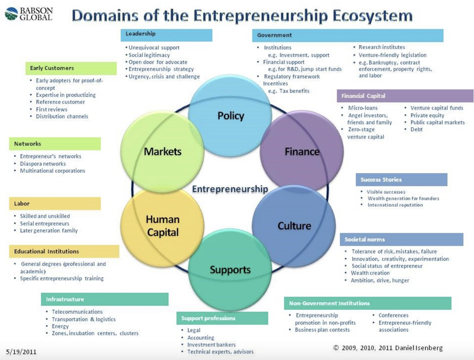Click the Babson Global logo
[x=29, y=14]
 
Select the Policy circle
[x=230, y=116]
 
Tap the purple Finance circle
[x=302, y=151]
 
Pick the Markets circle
[x=162, y=151]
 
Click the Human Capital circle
[x=162, y=226]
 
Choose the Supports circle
[x=230, y=270]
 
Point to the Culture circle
[x=294, y=226]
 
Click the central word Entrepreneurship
[x=230, y=189]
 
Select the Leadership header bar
[x=166, y=35]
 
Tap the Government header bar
[x=348, y=36]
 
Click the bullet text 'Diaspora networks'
[x=43, y=163]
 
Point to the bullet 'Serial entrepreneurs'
[x=44, y=224]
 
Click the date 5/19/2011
[x=21, y=352]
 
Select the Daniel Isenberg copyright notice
[x=388, y=348]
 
